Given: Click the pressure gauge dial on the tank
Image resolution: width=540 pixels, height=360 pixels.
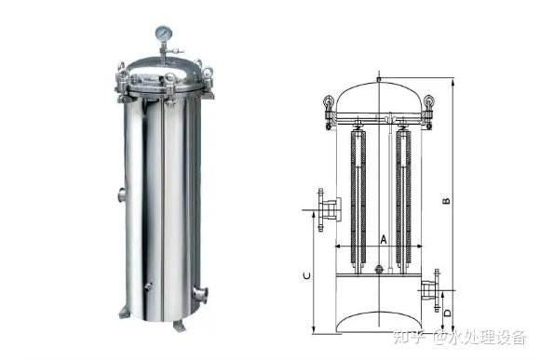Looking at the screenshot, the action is (x=164, y=33).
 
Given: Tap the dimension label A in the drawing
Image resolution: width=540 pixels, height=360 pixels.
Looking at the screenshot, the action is (x=384, y=239).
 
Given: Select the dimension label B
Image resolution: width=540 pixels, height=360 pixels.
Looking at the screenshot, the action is (x=446, y=201).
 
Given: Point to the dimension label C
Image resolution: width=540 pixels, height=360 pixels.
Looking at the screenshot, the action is (x=307, y=275).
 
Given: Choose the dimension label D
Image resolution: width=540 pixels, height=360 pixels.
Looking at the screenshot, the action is (x=447, y=313).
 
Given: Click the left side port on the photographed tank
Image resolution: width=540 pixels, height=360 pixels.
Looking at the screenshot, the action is (x=122, y=194).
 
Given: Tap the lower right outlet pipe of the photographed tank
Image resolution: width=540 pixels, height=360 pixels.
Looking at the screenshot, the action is (x=200, y=294).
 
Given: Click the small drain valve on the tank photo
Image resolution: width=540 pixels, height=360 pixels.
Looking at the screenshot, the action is (x=148, y=287).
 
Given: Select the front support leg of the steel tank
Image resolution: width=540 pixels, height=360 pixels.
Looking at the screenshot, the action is (x=180, y=326).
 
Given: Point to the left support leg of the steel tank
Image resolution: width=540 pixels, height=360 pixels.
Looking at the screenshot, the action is (x=124, y=313).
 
